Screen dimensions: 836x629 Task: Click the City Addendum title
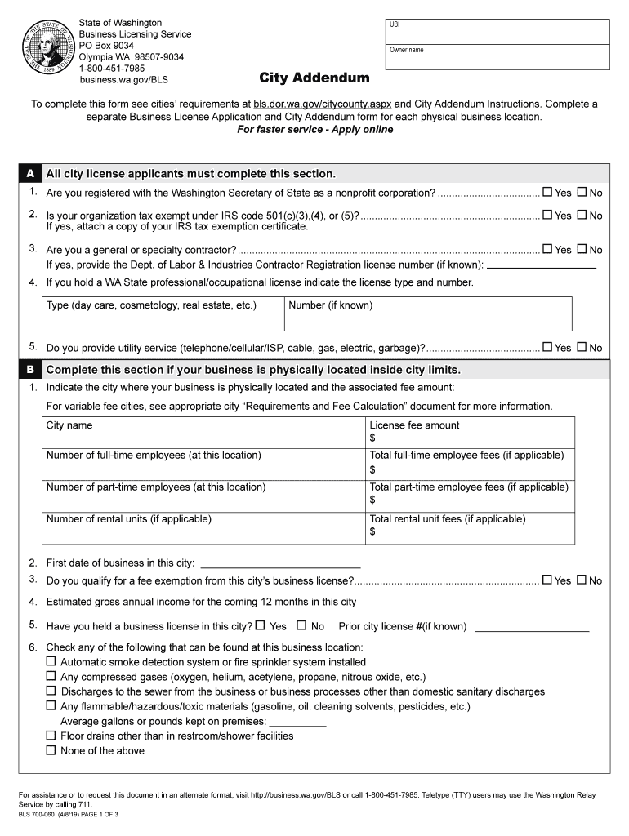point(314,78)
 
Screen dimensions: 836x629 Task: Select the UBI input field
point(497,31)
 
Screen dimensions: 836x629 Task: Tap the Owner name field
point(497,60)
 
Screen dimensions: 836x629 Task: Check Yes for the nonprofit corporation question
point(547,193)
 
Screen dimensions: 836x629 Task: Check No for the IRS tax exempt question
point(582,216)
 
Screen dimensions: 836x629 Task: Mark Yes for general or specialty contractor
point(547,250)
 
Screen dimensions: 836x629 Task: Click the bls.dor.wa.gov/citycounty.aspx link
point(323,104)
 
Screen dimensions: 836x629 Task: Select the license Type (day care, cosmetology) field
point(163,313)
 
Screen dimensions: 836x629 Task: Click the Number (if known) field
point(427,313)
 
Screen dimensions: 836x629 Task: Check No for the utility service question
point(582,347)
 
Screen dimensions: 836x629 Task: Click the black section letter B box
point(29,369)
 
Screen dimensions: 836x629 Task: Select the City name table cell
point(204,432)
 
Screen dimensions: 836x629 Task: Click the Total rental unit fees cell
point(471,527)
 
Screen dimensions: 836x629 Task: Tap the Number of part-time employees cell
point(204,494)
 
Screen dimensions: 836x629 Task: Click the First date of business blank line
point(280,563)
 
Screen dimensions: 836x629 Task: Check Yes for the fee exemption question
point(547,580)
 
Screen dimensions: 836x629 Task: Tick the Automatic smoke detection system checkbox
point(51,662)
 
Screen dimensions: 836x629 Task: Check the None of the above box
point(51,750)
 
